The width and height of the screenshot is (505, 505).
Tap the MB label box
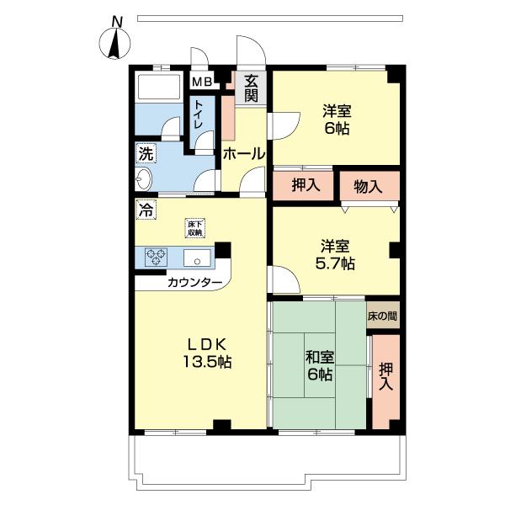(x=201, y=82)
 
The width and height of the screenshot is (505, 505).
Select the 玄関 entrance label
(x=252, y=88)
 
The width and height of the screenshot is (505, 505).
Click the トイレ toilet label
(x=199, y=114)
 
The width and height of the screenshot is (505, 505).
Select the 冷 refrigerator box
(x=146, y=210)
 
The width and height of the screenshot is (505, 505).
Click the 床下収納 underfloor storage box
(x=196, y=227)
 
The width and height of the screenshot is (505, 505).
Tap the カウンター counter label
(x=194, y=283)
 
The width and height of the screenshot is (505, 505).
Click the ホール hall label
(x=244, y=154)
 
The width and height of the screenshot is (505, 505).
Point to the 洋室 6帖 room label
(x=336, y=119)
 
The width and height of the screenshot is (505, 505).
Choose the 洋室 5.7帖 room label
(x=336, y=255)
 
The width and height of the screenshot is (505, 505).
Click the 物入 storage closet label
(x=369, y=185)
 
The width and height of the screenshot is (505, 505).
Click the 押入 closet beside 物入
(x=305, y=185)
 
